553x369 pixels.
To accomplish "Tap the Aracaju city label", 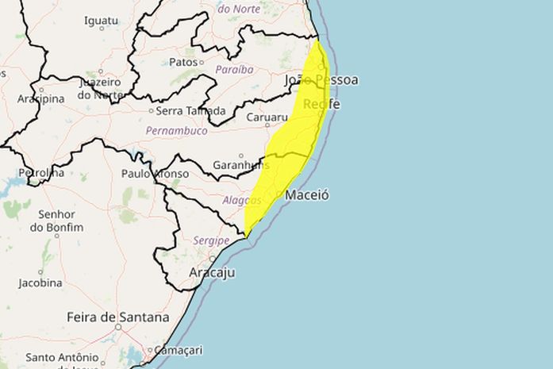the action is coord(212,272).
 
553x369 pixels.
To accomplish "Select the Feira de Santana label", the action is coord(117,317).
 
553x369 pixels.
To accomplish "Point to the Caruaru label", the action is coord(267,117).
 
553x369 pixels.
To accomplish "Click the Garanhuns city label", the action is coord(239,165).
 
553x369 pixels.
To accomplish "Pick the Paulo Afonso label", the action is coord(155,173).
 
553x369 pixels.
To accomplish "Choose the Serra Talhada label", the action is coord(190,110).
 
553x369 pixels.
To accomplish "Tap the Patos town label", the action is coord(182,61).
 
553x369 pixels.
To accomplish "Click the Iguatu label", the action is coord(101,20).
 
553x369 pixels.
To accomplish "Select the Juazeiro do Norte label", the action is coord(99,88).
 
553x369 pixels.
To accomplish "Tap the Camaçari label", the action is coord(179,349).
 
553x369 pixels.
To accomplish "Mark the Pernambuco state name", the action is coord(176,130).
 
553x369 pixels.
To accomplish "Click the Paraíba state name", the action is coord(234,69).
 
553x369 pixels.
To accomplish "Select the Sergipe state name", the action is coord(211,240).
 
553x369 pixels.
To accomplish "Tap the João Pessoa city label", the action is coord(321,80).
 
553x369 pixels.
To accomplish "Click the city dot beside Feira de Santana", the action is coord(117,326).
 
